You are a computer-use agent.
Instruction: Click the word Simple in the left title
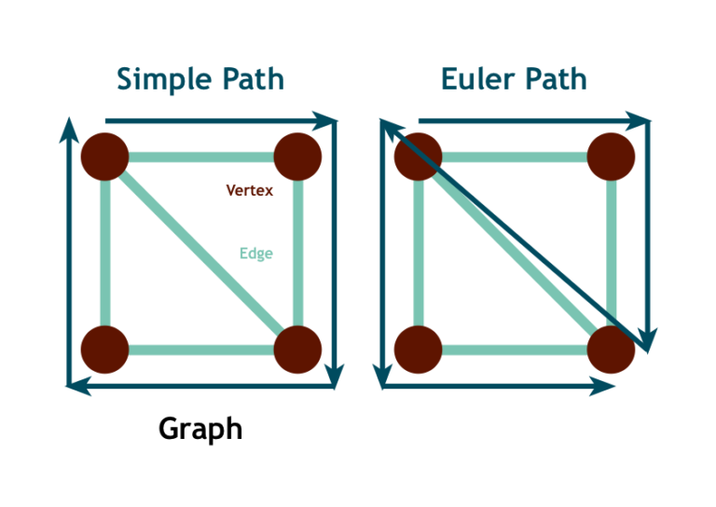point(158,79)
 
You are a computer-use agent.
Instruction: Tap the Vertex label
point(249,190)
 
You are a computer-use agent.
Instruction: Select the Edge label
point(255,253)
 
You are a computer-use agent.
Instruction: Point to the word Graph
point(200,429)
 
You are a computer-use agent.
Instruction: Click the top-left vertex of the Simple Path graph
point(104,156)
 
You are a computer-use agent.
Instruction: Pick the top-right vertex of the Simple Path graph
point(298,156)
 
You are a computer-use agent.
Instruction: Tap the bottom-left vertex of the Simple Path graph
point(104,349)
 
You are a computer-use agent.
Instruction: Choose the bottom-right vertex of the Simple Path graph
point(298,349)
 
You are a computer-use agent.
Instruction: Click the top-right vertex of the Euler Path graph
point(612,156)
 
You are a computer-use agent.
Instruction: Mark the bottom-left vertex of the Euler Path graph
point(418,349)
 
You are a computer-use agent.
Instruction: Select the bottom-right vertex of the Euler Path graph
point(612,349)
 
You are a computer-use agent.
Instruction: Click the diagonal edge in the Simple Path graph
point(201,253)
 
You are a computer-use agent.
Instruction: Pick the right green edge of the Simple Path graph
point(298,253)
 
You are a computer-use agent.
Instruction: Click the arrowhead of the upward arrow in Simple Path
point(68,129)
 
